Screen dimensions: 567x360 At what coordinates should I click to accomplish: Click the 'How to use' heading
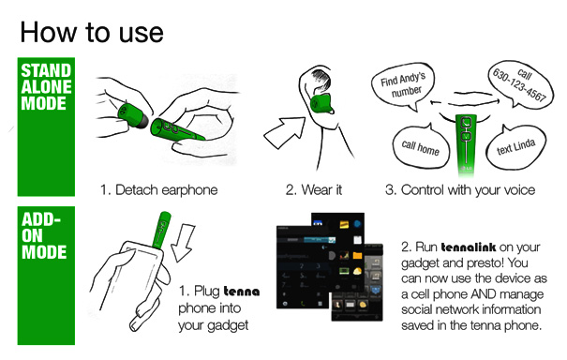92,33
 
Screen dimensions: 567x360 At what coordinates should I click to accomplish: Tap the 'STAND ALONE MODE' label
46,87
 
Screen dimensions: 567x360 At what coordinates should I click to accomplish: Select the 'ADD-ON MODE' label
44,235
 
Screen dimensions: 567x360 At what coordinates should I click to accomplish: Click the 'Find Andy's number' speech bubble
403,85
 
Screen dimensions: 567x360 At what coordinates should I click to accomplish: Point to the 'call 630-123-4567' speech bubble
519,84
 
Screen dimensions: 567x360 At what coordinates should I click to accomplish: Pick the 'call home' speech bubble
420,146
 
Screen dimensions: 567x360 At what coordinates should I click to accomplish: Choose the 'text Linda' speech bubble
516,147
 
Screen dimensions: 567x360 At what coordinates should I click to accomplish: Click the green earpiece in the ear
321,103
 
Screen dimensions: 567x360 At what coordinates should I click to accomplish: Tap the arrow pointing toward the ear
285,131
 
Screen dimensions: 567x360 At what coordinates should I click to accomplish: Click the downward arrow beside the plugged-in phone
183,242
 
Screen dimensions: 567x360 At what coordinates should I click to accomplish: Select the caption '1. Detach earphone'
158,190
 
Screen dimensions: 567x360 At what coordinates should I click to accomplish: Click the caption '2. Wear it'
314,190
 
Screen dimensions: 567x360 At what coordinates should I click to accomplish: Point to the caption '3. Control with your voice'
460,190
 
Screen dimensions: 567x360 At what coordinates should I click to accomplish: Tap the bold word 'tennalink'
469,247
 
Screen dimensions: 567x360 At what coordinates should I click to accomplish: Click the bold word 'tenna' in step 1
242,292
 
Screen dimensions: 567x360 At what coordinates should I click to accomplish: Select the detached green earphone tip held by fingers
131,116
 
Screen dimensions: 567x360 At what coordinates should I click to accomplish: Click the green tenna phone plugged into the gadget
161,230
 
